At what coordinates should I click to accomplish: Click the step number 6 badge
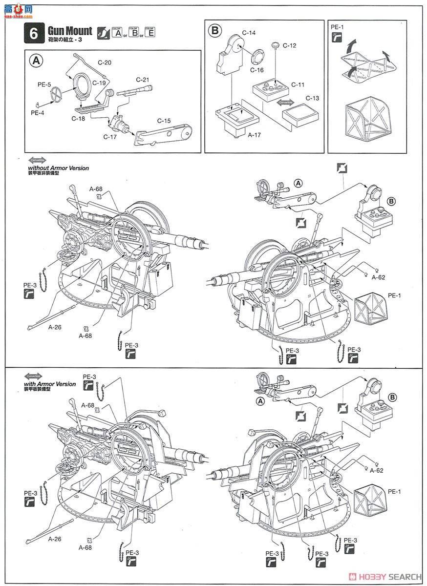click(x=33, y=34)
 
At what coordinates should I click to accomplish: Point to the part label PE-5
click(x=44, y=84)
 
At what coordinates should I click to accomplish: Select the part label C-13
click(x=312, y=98)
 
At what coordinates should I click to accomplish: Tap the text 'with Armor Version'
click(x=50, y=384)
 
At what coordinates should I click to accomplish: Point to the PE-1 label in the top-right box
click(x=337, y=27)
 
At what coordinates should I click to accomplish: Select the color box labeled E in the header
click(x=150, y=33)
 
